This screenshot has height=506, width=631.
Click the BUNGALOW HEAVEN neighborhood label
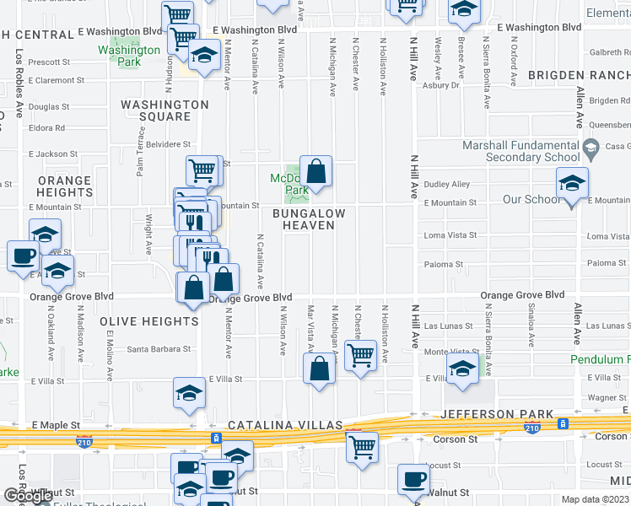(x=309, y=219)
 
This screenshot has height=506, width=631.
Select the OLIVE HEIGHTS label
(x=148, y=321)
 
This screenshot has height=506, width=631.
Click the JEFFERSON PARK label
(x=498, y=414)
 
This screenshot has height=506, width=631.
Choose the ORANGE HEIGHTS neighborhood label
(x=64, y=186)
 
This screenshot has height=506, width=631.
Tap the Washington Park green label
(x=128, y=56)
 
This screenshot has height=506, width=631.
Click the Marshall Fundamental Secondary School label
(x=521, y=151)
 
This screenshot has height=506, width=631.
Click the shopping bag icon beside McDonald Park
(x=315, y=171)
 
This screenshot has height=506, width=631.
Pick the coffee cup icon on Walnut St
(x=413, y=481)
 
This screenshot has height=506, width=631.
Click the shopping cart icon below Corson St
(x=363, y=448)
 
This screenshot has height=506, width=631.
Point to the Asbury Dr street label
(x=440, y=85)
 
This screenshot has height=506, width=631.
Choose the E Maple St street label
(x=57, y=426)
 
